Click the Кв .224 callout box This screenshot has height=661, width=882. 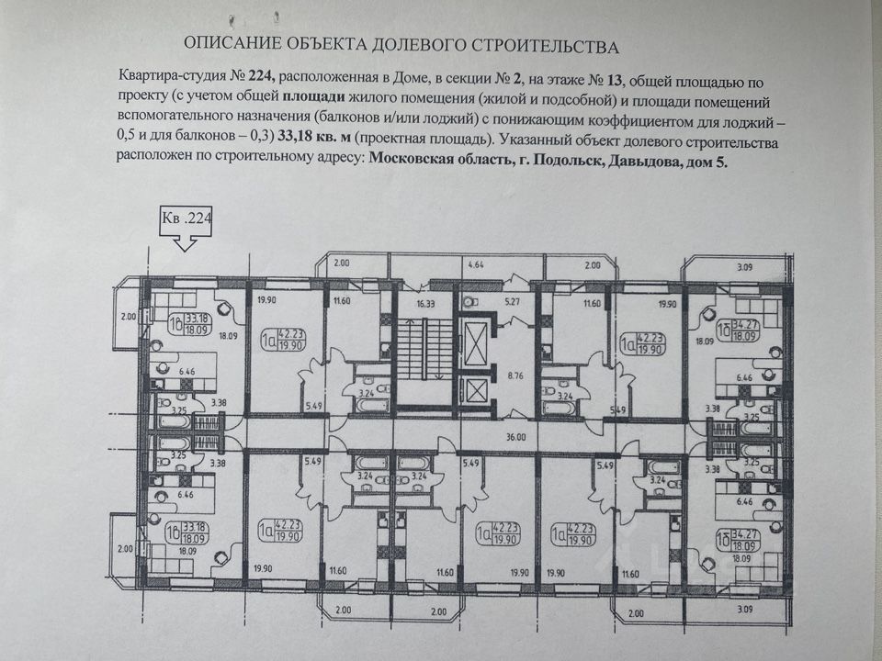tap(187, 220)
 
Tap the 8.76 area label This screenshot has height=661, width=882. tap(514, 374)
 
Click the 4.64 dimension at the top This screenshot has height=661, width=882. tap(476, 265)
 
